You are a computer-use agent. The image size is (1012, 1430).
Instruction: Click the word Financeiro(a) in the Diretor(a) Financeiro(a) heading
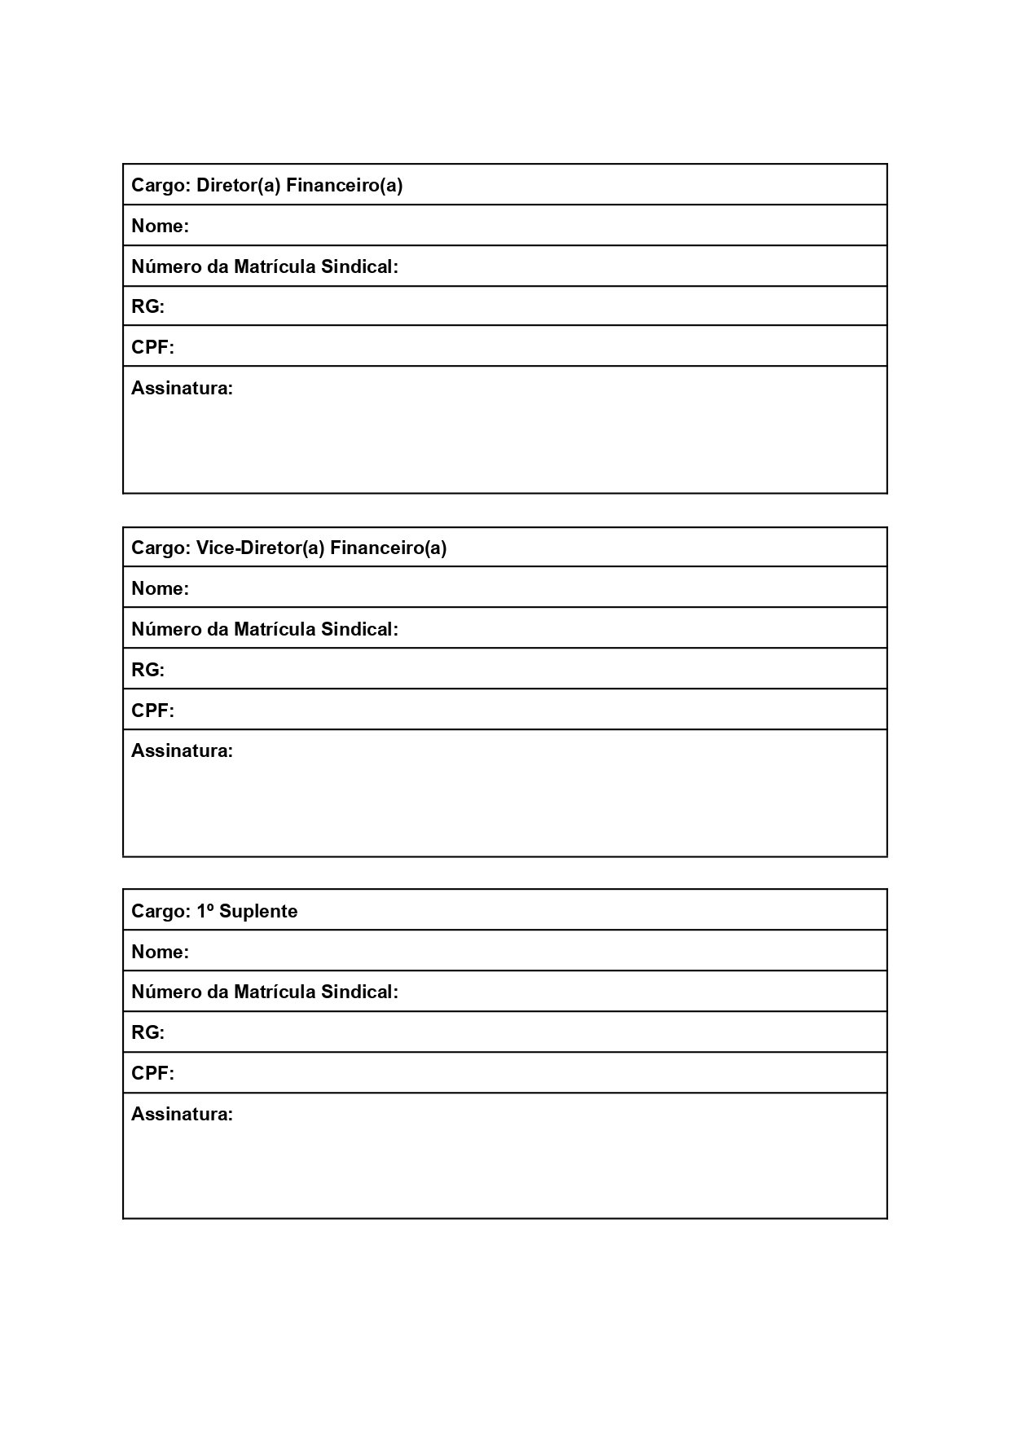click(344, 186)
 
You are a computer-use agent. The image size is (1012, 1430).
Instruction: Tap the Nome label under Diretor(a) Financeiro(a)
click(160, 227)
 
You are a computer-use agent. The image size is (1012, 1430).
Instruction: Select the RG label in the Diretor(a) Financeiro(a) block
click(147, 307)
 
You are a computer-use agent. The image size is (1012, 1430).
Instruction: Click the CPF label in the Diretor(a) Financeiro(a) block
click(152, 348)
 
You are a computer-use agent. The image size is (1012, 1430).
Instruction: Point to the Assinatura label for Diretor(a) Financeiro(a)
click(182, 389)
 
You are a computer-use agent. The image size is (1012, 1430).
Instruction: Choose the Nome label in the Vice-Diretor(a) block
click(160, 589)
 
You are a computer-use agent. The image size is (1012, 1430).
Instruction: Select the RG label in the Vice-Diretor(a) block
click(147, 671)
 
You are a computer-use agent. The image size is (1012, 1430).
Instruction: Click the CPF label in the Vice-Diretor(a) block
click(152, 711)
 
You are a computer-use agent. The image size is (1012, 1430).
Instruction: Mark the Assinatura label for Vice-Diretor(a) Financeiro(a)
click(182, 751)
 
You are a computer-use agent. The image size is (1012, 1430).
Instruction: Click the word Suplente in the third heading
click(258, 912)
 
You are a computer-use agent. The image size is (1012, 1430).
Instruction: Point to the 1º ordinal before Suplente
click(205, 911)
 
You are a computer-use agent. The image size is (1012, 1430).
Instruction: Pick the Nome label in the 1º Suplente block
click(160, 953)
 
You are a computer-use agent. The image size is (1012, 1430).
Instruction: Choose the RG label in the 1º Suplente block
click(147, 1033)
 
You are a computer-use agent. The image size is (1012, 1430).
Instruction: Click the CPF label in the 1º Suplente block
click(152, 1074)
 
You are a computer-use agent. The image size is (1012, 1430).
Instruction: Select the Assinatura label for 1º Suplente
click(182, 1115)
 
